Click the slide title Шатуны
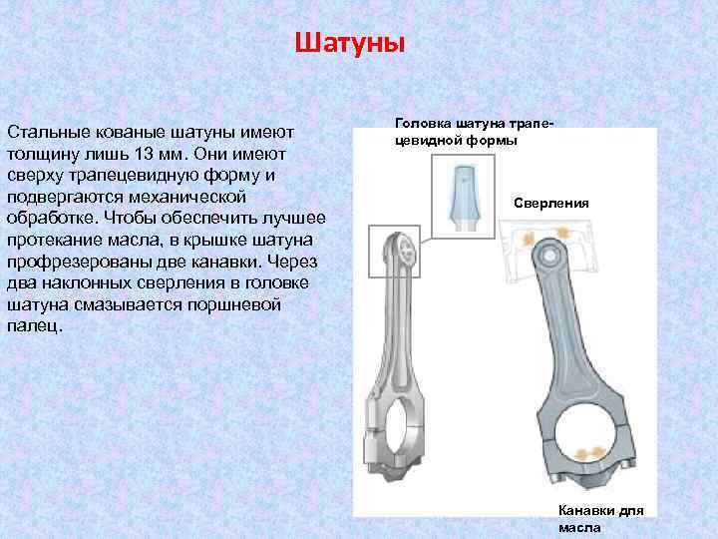[x=350, y=45]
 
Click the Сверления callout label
[x=550, y=203]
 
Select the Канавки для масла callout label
[x=600, y=518]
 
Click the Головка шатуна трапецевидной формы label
[x=474, y=131]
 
